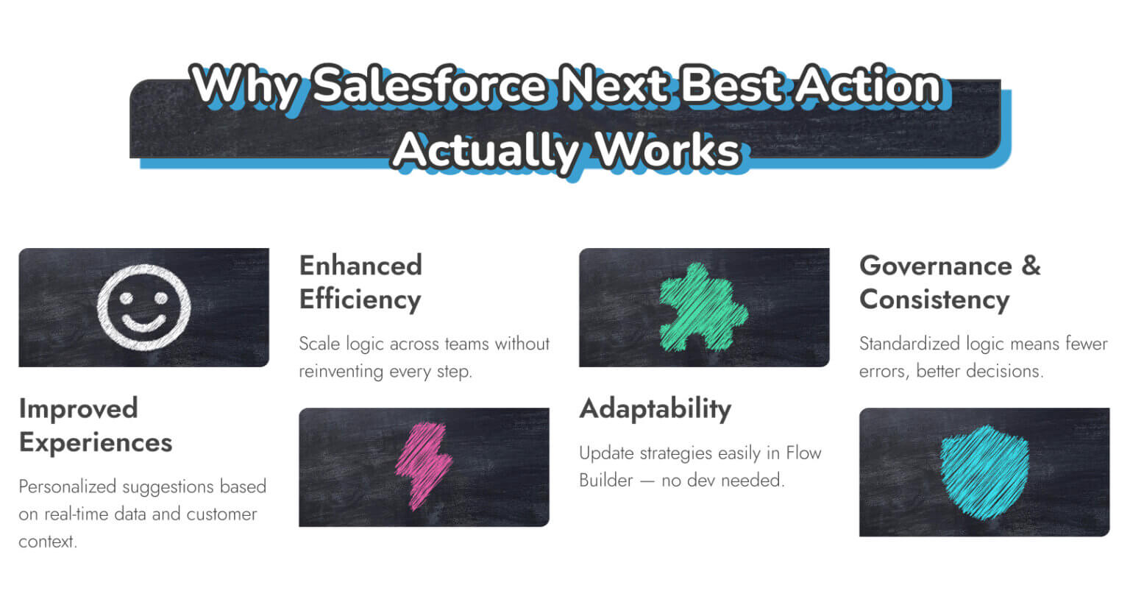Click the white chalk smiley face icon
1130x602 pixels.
pos(144,307)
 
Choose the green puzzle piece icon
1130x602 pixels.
pos(703,308)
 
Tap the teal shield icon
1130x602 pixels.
pos(984,472)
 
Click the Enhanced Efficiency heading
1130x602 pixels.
pos(360,282)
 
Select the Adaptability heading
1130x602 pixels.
pos(655,408)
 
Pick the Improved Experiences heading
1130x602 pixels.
pos(95,425)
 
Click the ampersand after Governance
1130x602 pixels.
pos(1031,266)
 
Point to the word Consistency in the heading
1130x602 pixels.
pos(934,300)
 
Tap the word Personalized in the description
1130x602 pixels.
pos(67,486)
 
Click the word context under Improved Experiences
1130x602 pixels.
pos(47,542)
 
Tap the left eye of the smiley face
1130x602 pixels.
pos(127,298)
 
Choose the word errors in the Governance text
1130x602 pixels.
pos(882,371)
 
